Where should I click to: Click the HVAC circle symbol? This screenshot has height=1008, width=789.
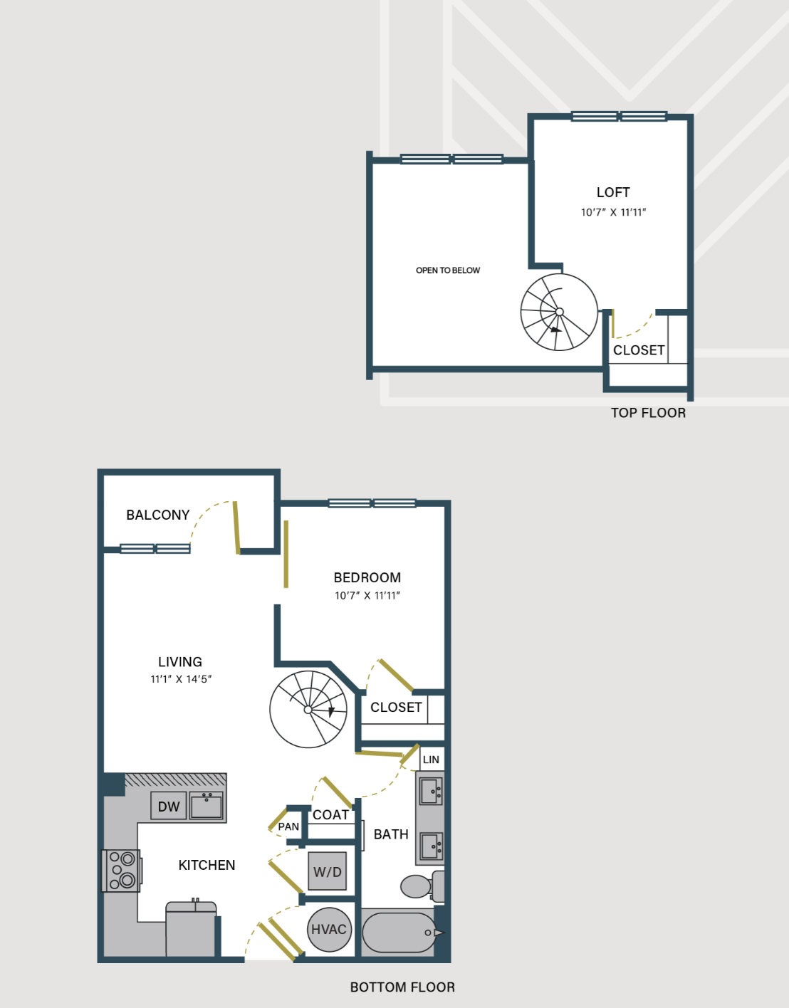[x=329, y=930]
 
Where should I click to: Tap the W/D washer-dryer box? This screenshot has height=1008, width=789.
[x=327, y=871]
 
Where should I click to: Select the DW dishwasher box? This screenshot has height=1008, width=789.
[x=168, y=806]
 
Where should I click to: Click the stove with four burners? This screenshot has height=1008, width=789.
[x=121, y=871]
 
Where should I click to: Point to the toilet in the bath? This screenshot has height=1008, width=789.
[x=422, y=886]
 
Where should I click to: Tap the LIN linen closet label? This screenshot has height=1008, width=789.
[x=431, y=760]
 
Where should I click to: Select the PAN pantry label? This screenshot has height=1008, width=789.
[x=288, y=826]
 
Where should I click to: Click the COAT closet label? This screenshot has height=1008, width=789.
[x=330, y=815]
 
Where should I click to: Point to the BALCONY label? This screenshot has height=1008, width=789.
[x=157, y=515]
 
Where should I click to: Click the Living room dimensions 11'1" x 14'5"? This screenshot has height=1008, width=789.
[x=181, y=679]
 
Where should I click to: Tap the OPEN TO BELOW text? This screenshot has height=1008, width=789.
[x=448, y=271]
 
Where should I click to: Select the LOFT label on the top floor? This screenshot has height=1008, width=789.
[x=613, y=192]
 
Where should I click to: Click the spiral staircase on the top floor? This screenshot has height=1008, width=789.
[x=559, y=312]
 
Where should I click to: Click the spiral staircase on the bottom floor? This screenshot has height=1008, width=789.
[x=308, y=709]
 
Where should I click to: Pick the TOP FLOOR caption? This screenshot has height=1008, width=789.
[x=648, y=413]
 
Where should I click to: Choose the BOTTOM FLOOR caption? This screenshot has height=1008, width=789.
[x=402, y=987]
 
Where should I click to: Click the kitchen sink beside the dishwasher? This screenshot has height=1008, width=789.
[x=207, y=805]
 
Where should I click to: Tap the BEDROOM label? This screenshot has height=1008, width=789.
[x=367, y=577]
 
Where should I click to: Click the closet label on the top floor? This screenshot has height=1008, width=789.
[x=639, y=350]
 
